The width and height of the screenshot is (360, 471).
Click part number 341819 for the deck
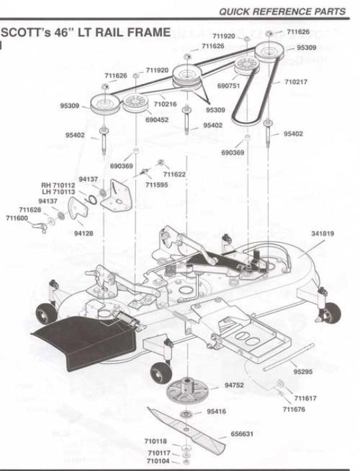click(x=323, y=233)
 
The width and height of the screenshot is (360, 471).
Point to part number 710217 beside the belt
click(x=296, y=81)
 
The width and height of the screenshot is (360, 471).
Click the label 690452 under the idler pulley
click(x=157, y=119)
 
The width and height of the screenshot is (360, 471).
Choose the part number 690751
click(x=229, y=86)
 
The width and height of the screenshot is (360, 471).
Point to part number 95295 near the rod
click(x=303, y=372)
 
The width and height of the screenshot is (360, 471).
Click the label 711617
click(x=305, y=398)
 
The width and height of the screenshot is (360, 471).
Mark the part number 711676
click(x=294, y=409)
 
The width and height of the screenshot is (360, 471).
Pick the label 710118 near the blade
click(x=155, y=441)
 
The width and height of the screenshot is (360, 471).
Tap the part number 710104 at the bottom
click(x=158, y=461)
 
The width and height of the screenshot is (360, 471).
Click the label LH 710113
click(x=59, y=191)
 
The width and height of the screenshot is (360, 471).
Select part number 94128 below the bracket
click(x=83, y=233)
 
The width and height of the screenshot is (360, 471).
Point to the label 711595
click(x=157, y=185)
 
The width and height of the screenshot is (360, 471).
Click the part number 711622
click(x=175, y=174)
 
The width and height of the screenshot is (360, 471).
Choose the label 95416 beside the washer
click(x=216, y=411)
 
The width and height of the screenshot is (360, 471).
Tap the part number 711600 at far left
click(x=17, y=218)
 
